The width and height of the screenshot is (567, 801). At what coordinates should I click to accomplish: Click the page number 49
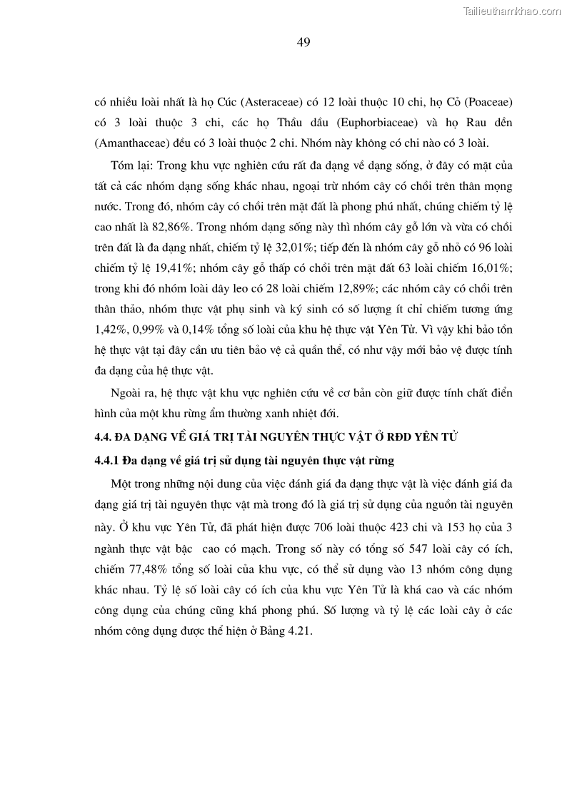point(303,42)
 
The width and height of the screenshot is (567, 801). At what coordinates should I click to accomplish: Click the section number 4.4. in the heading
point(105,437)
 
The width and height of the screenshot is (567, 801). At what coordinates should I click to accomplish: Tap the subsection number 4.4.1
point(108,460)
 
